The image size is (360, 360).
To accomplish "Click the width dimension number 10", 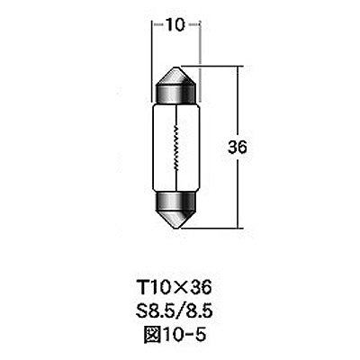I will click(170, 24).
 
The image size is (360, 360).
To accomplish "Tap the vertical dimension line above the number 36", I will click(238, 99).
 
